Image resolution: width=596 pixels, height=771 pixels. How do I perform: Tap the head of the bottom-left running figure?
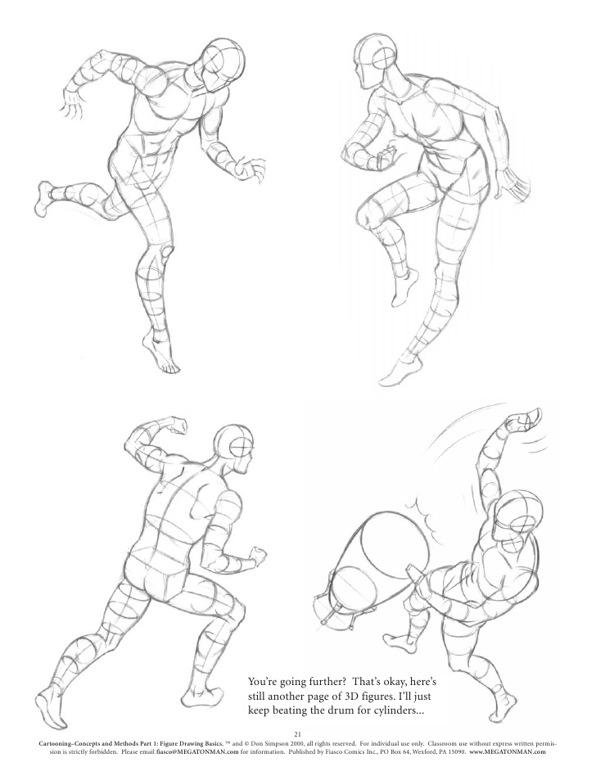tap(237, 449)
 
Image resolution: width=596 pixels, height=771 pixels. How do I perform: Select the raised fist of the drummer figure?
tap(521, 421)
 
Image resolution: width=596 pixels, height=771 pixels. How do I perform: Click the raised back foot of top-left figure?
tap(45, 197)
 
